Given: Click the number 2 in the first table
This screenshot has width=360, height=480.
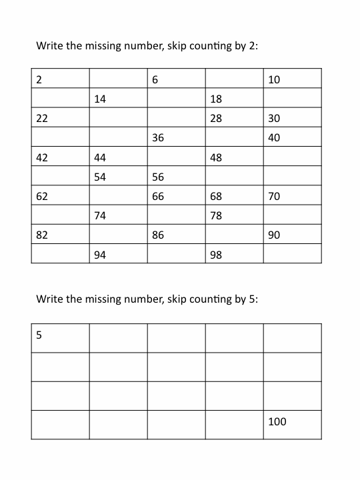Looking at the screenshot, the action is coord(39,80).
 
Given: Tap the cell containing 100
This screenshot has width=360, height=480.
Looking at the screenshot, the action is coord(277,421).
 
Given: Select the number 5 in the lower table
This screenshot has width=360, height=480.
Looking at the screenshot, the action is coord(39,335).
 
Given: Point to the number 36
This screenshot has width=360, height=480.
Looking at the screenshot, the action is coord(158,138).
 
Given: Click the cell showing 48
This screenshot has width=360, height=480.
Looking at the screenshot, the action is coord(215,158).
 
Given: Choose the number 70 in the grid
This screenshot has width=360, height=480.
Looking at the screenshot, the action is coord(274,197).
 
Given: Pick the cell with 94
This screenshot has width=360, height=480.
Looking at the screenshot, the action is coord(100,255).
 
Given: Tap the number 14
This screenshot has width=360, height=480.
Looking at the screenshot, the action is coord(100,99).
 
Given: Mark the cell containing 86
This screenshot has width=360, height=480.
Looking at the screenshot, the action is coord(158,235).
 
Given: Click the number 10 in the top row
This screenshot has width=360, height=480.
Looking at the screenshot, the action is coord(274,80).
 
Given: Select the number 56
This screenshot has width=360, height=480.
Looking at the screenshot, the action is coord(158,177).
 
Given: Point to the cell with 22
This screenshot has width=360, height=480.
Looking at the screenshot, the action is coord(41,119).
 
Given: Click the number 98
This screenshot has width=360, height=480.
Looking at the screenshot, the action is coord(215,255).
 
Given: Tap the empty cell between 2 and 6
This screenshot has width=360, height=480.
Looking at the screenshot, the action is coord(118,80).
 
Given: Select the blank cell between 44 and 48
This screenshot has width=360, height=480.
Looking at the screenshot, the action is coord(176,158).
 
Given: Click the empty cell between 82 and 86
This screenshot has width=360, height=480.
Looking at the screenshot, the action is coord(118,235).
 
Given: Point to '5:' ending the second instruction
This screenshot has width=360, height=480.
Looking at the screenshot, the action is coord(252,299).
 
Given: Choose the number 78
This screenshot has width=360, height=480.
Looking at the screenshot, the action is coord(215,216).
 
